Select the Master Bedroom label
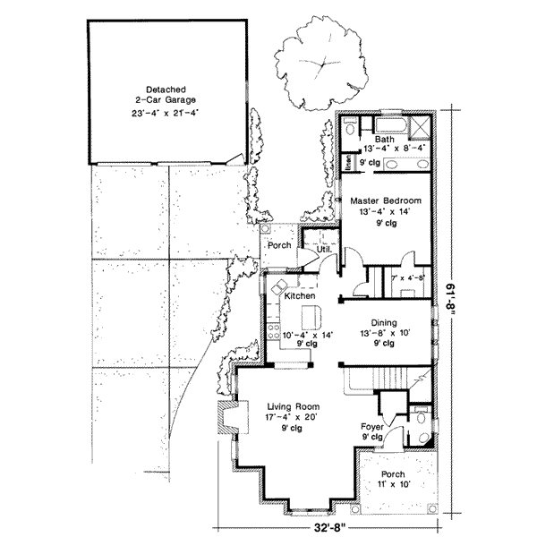click(x=386, y=201)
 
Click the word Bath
click(x=386, y=141)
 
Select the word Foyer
click(x=373, y=428)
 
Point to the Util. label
click(x=312, y=248)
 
